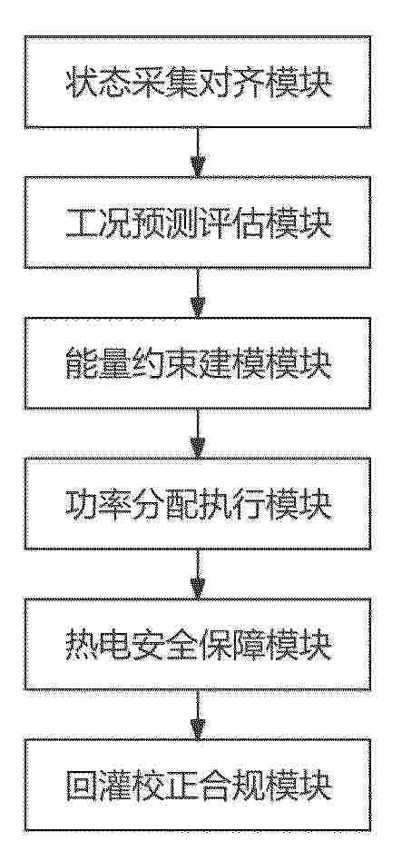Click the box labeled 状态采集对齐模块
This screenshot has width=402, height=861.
point(198,82)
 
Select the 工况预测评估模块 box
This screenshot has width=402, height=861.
point(198,223)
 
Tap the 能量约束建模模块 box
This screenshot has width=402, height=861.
point(198,363)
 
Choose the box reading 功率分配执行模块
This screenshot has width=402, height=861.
point(198,503)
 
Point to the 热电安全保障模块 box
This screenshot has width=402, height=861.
point(198,644)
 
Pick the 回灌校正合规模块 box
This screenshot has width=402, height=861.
point(198,785)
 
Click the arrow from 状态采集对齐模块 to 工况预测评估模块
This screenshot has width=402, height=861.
point(198,153)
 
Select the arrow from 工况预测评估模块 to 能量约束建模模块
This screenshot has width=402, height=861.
point(198,293)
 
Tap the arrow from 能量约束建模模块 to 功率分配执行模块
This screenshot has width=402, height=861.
point(198,434)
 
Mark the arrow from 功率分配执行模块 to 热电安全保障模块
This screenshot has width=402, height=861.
point(198,574)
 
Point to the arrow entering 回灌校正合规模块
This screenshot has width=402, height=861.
point(198,715)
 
